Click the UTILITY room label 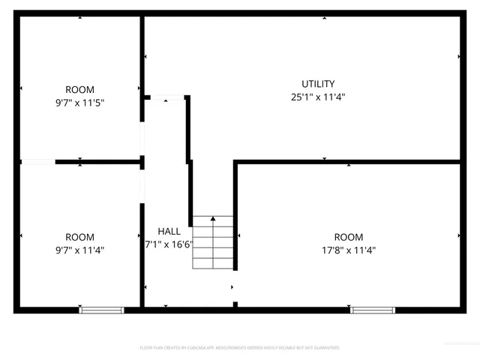pyautogui.click(x=318, y=84)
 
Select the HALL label pyautogui.click(x=169, y=231)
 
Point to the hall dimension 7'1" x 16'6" pyautogui.click(x=168, y=244)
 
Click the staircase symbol pyautogui.click(x=214, y=243)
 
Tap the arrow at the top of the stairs pyautogui.click(x=213, y=218)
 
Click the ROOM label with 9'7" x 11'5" pyautogui.click(x=79, y=90)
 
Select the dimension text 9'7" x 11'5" pyautogui.click(x=79, y=103)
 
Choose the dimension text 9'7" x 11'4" pyautogui.click(x=79, y=250)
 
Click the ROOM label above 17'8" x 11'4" pyautogui.click(x=349, y=237)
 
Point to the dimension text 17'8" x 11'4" pyautogui.click(x=349, y=250)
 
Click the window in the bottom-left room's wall pyautogui.click(x=102, y=309)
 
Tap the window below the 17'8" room pyautogui.click(x=373, y=309)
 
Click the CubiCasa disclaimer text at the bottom pyautogui.click(x=240, y=348)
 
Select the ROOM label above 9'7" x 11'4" pyautogui.click(x=79, y=237)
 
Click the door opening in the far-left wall pyautogui.click(x=37, y=161)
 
